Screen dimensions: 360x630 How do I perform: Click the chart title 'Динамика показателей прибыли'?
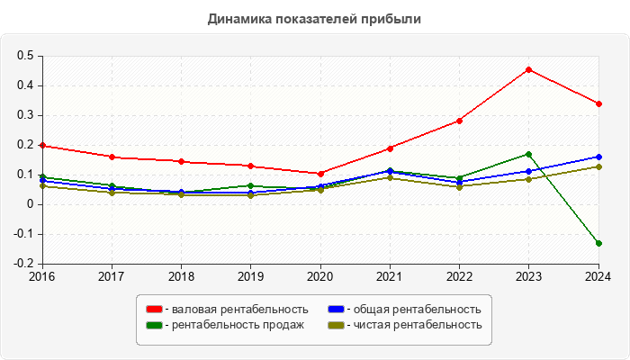314,18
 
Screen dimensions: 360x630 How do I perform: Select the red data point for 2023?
528,69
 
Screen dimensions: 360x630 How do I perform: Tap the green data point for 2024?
598,243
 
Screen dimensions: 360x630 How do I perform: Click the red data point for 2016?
42,146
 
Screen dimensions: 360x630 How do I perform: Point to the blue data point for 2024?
598,157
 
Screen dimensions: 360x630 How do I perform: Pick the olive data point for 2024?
598,166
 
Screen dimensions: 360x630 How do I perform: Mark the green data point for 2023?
528,154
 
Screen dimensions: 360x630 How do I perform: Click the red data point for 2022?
459,121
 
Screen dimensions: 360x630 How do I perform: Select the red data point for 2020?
320,174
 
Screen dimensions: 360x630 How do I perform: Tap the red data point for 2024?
598,103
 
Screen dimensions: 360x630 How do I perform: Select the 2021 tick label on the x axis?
390,276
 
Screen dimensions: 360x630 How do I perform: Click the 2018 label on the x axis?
181,276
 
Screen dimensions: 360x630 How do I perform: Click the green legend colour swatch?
155,325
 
